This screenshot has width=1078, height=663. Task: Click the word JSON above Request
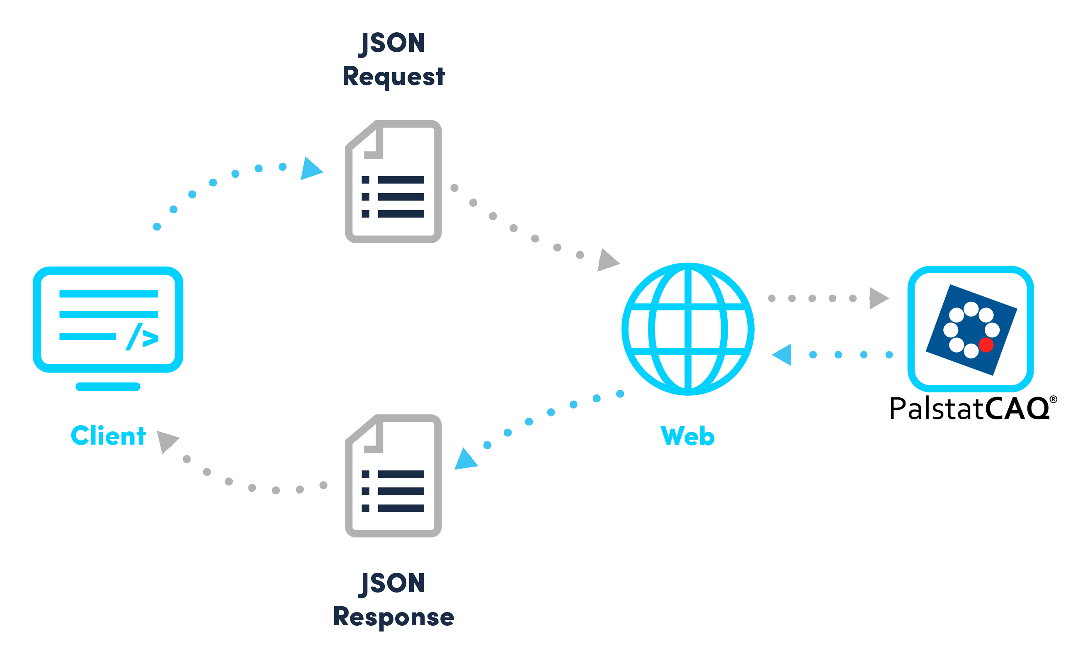[x=392, y=44]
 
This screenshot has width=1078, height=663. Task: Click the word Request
[x=393, y=76]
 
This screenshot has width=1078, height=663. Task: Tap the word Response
[x=393, y=617]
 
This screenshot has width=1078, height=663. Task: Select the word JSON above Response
[x=392, y=583]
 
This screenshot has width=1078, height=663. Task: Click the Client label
[x=108, y=436]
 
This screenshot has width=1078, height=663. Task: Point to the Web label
[x=687, y=436]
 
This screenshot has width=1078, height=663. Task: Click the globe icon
[x=687, y=329]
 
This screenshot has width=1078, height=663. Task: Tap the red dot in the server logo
[x=986, y=345]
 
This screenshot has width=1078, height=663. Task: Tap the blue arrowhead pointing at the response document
[x=465, y=460]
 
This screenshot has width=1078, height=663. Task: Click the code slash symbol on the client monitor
[x=142, y=337]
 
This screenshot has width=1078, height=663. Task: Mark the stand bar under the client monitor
[x=108, y=387]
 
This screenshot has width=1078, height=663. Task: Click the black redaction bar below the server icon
[x=974, y=408]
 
